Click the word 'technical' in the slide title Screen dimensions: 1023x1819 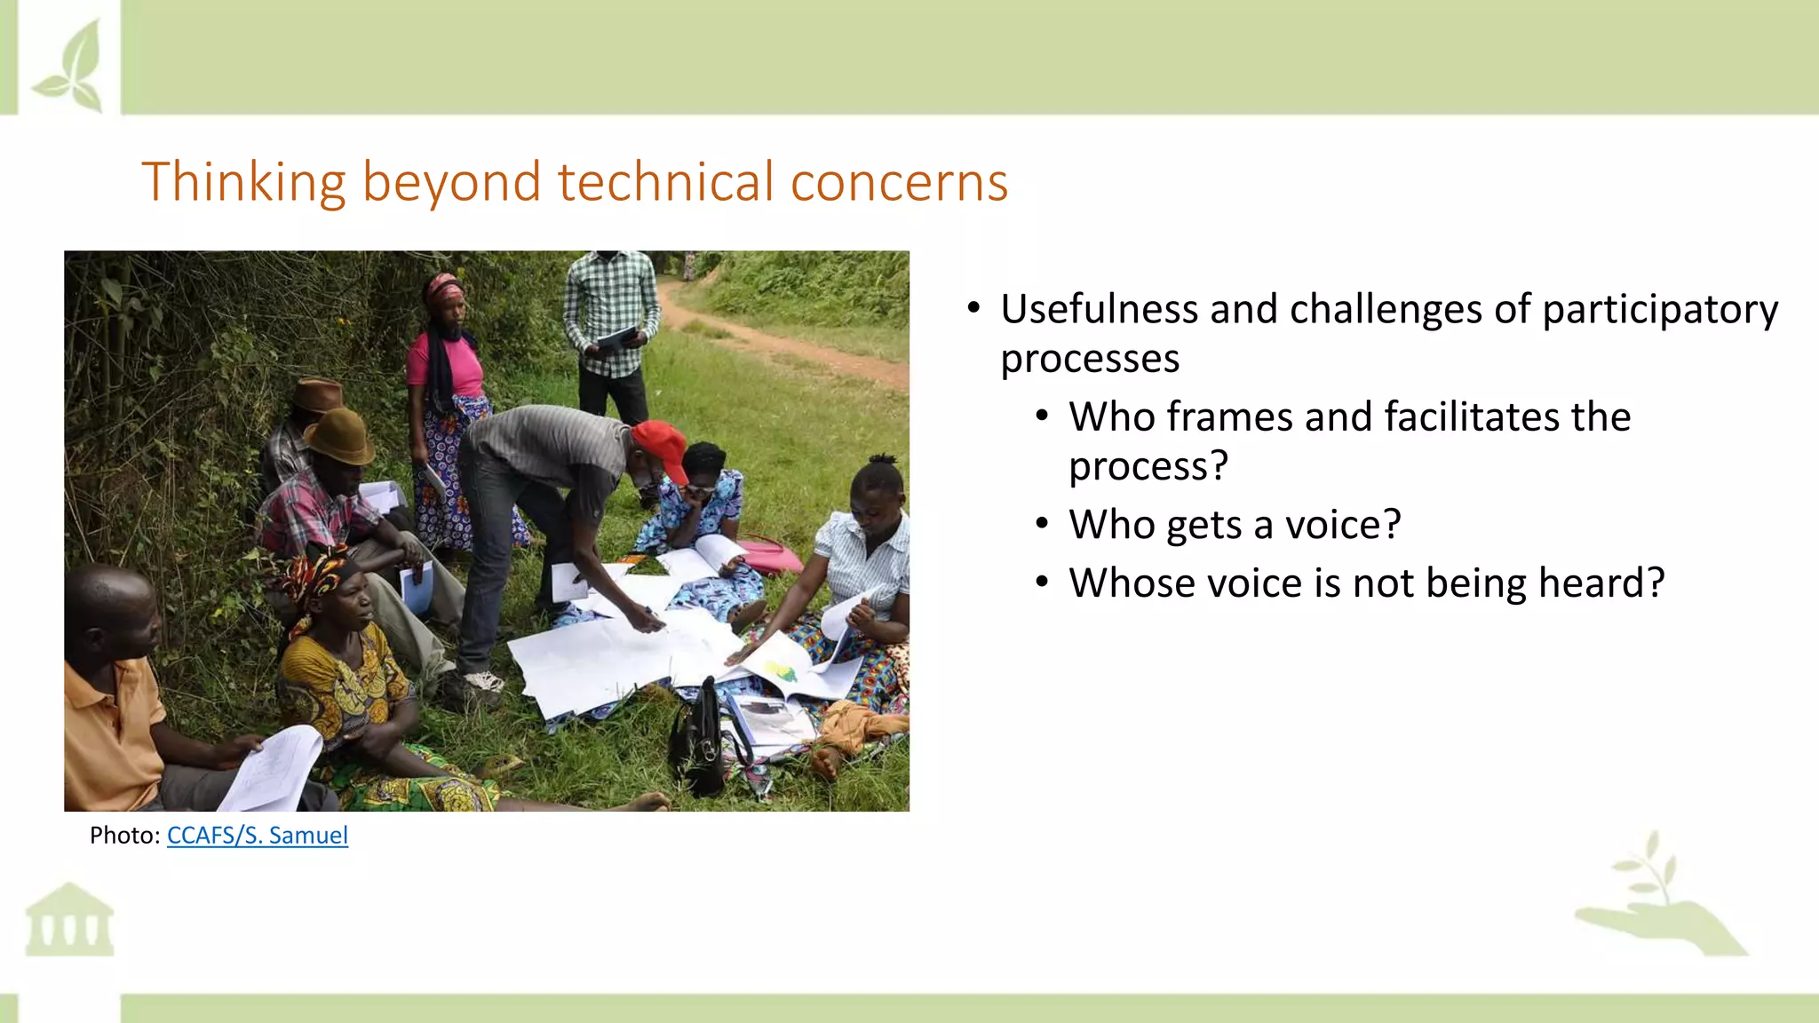click(666, 182)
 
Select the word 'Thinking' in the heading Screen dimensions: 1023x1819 click(242, 184)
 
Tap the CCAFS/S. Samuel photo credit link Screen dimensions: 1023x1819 click(257, 836)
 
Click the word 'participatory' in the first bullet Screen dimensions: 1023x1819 click(1659, 311)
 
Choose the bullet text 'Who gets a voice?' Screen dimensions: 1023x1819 click(1235, 525)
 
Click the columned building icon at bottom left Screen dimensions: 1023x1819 click(69, 921)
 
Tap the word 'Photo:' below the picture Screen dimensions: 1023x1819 click(124, 836)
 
